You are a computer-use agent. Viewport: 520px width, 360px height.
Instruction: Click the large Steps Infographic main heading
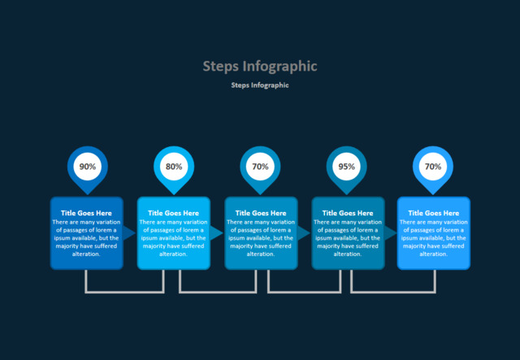[x=259, y=66]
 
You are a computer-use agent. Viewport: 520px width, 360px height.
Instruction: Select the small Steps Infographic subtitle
[x=259, y=85]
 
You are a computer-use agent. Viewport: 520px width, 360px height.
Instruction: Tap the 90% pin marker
[x=87, y=167]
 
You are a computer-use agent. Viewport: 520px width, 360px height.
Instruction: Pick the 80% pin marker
[x=174, y=167]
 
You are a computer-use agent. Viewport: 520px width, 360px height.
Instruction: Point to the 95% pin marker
[x=347, y=167]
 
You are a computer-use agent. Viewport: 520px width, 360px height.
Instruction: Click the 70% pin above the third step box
[x=260, y=167]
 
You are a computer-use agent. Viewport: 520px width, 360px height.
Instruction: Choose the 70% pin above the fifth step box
[x=433, y=167]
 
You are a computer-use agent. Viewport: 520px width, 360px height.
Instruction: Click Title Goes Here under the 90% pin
[x=87, y=213]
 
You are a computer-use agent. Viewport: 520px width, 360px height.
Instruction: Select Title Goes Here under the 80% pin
[x=174, y=213]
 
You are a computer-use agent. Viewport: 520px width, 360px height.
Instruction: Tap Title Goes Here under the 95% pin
[x=348, y=213]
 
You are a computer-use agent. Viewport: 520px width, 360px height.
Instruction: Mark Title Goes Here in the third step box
[x=261, y=213]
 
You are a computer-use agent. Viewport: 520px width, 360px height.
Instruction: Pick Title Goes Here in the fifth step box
[x=434, y=213]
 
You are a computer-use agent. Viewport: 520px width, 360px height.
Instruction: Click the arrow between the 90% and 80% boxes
[x=129, y=232]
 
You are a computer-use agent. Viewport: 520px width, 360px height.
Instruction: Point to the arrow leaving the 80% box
[x=216, y=232]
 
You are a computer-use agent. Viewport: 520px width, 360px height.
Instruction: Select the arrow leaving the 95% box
[x=390, y=232]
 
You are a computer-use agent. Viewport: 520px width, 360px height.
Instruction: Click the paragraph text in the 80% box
[x=174, y=238]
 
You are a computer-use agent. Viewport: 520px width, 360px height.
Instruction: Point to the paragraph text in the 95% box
[x=348, y=238]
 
